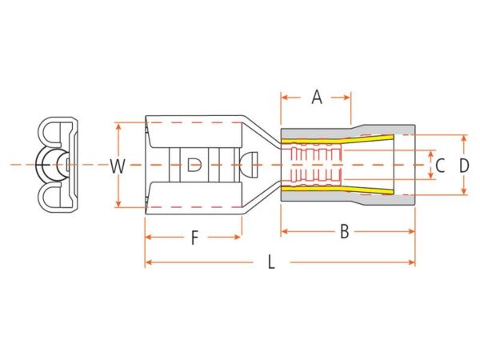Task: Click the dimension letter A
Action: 317,98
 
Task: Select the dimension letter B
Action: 345,231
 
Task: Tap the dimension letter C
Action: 440,166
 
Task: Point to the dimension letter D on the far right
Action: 464,166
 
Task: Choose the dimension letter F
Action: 194,238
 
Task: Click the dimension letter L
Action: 271,262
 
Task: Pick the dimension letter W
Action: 118,166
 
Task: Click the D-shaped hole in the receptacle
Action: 194,165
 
